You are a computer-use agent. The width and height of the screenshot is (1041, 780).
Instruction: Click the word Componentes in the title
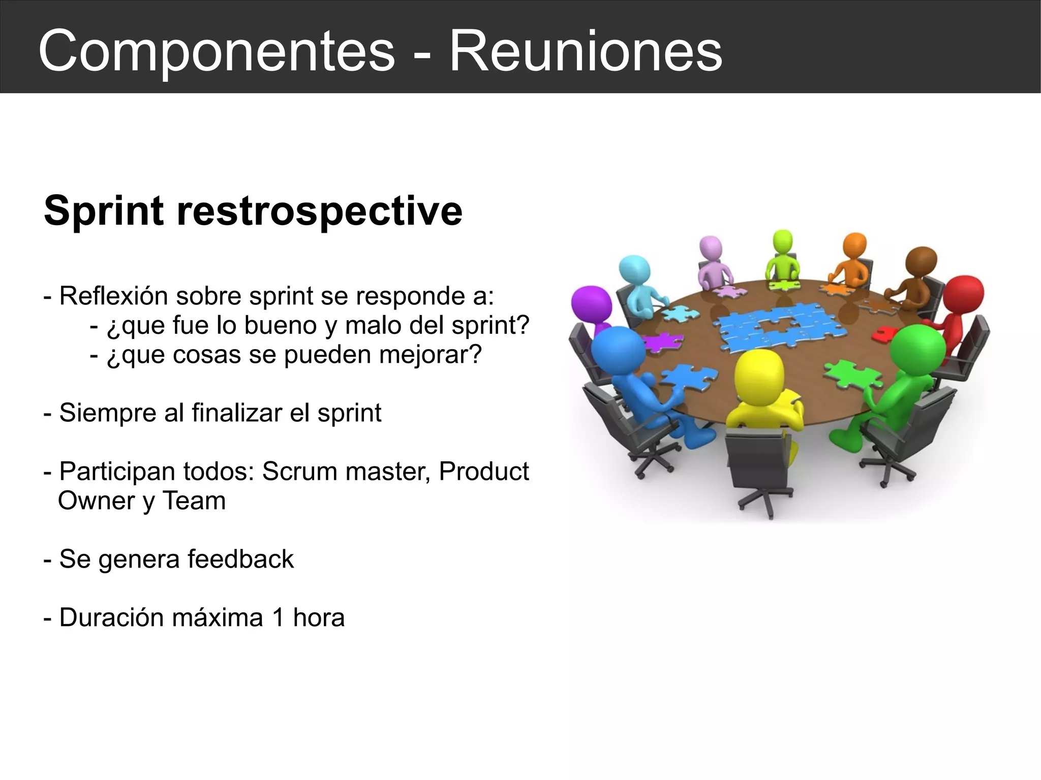217,51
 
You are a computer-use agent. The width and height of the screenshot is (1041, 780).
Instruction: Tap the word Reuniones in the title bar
585,51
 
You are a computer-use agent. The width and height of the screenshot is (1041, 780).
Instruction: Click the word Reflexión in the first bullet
113,296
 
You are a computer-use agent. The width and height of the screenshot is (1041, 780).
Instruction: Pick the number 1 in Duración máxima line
278,617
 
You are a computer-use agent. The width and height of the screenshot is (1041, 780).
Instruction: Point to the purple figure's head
591,304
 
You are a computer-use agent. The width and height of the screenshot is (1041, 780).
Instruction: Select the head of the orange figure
854,246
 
